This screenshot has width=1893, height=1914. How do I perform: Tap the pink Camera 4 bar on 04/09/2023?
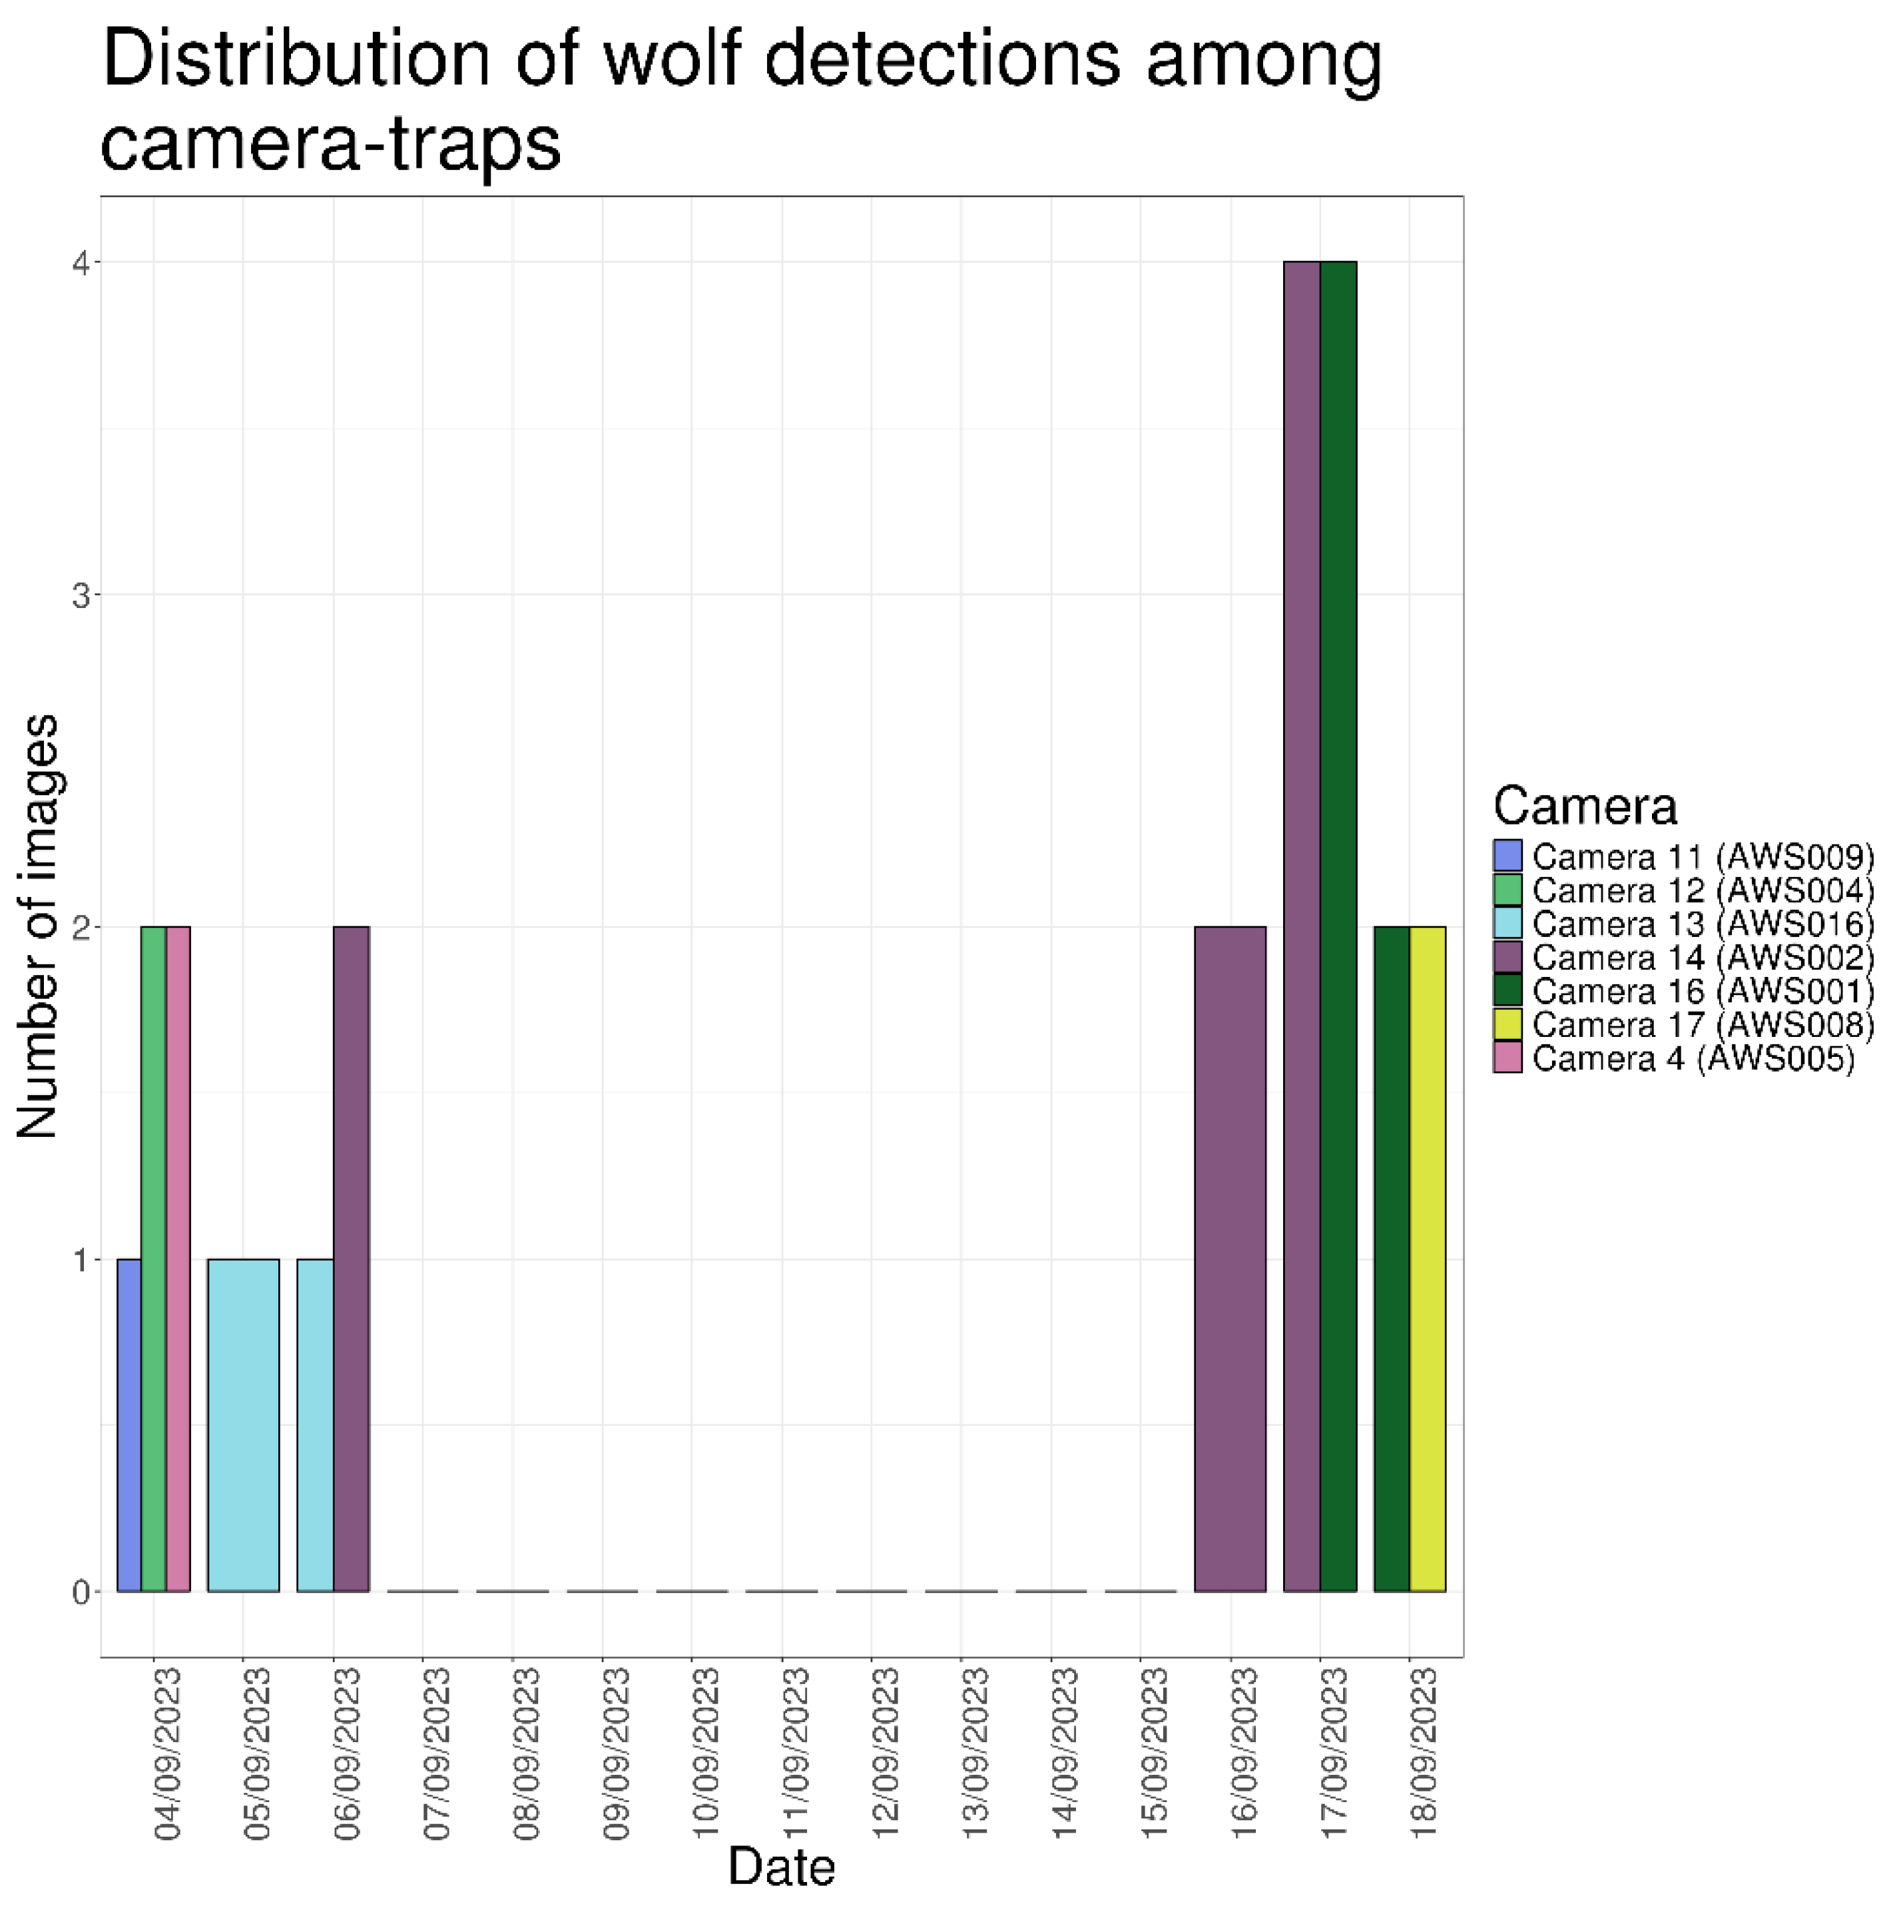177,1258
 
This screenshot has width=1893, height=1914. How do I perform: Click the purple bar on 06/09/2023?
351,1258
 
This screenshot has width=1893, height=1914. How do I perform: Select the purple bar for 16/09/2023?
1229,1258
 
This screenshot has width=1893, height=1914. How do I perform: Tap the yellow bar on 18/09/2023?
1426,1258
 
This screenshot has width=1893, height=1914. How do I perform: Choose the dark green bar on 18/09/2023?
1391,1258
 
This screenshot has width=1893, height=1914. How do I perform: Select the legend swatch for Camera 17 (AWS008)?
1507,1024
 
